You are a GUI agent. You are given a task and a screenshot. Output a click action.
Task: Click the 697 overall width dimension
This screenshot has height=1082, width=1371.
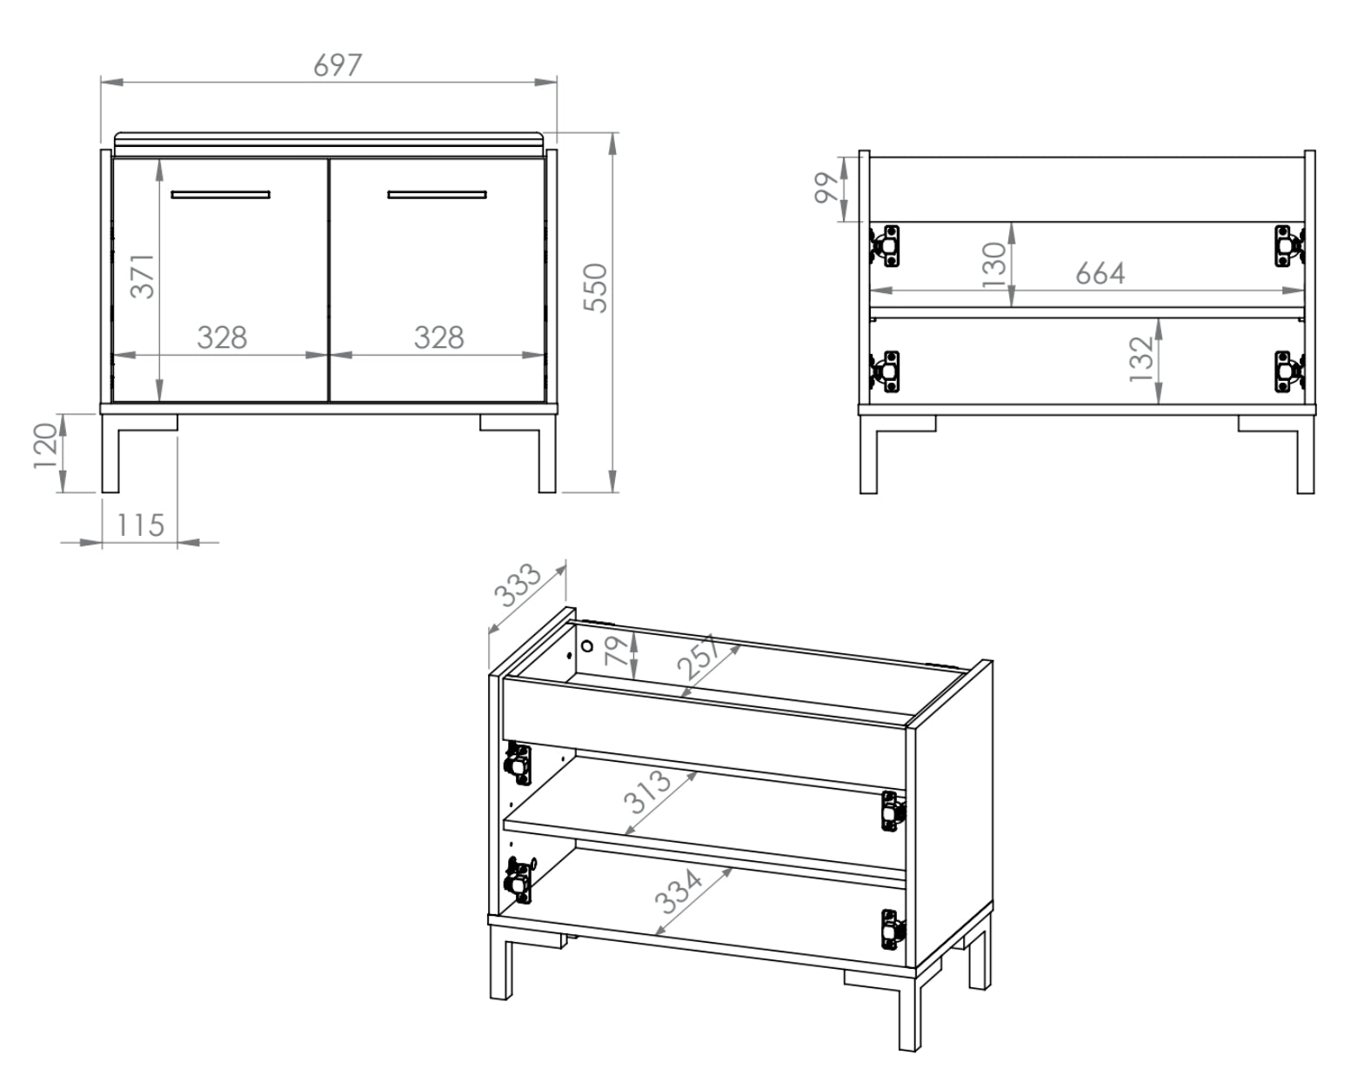337,65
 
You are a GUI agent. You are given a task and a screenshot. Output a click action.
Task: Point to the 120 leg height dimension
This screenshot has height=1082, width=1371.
46,445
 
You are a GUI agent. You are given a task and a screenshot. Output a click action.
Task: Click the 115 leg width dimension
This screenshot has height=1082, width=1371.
140,525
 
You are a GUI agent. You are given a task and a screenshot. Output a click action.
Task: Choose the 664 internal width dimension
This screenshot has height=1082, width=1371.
1100,274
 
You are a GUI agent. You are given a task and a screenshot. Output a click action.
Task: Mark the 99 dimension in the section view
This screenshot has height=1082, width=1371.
826,188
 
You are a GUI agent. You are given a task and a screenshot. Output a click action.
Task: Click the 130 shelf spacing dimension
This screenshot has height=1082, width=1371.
993,264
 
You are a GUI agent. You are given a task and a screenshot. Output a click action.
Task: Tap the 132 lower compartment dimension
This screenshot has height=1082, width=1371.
1140,358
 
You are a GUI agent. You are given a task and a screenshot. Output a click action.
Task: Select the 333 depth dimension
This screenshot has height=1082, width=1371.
518,585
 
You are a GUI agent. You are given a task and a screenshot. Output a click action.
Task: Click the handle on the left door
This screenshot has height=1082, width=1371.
220,194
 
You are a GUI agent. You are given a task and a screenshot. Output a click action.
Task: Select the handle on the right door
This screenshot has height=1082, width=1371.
437,194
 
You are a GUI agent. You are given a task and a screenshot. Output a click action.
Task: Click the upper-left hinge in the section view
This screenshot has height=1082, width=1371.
886,245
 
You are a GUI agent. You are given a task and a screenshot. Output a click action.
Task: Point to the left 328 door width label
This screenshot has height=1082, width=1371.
222,337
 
